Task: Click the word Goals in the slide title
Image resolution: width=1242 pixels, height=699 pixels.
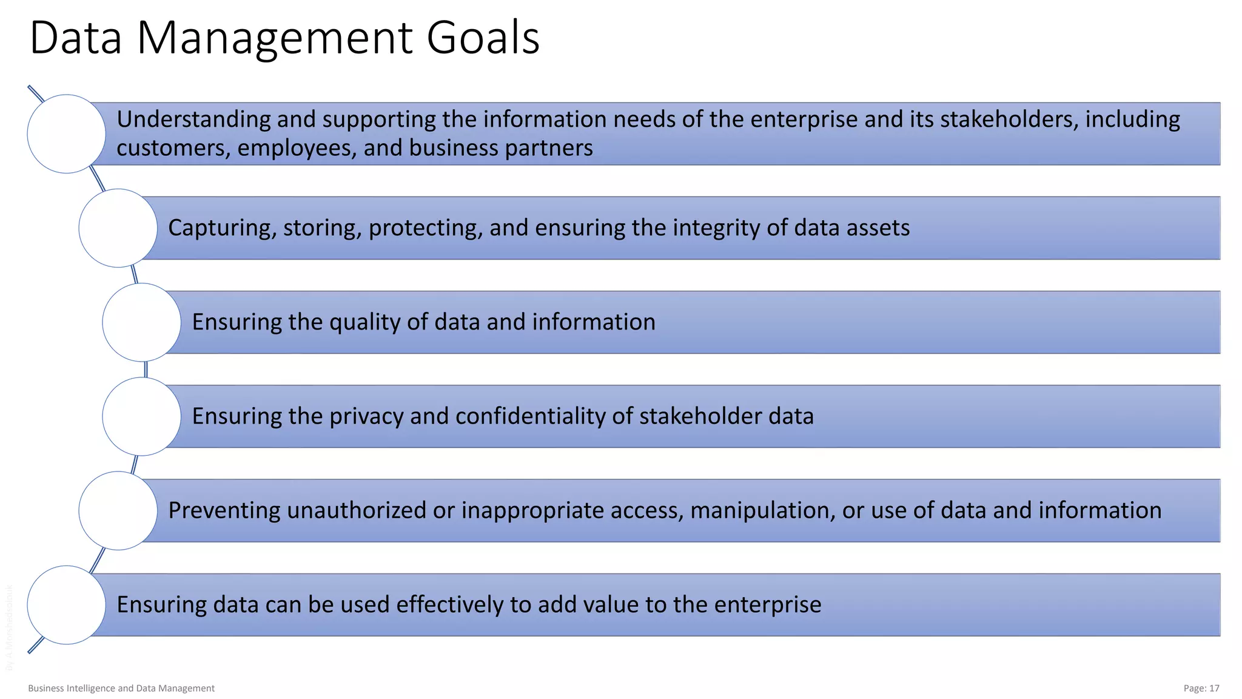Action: coord(483,38)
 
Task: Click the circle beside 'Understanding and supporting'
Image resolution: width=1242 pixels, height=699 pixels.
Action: coord(67,134)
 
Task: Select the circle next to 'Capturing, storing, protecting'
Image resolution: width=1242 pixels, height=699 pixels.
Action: coord(118,228)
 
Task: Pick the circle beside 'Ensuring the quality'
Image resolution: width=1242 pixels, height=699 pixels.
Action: coord(142,322)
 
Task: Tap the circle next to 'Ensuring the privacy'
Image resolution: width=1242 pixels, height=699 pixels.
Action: coord(142,416)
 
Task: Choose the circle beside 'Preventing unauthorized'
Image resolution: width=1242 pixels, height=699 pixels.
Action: coord(118,511)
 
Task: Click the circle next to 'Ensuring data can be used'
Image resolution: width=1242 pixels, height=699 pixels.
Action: coord(67,605)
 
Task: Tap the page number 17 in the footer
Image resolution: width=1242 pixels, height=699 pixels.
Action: coord(1213,688)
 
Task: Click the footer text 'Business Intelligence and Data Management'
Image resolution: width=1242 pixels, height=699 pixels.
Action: coord(121,688)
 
